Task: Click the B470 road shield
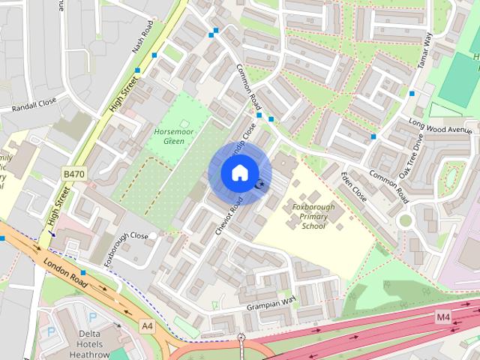(x=73, y=174)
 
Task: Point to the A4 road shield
(x=147, y=325)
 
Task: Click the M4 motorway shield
(x=443, y=317)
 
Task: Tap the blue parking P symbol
(x=52, y=331)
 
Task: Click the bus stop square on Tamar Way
(x=411, y=94)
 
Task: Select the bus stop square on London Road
(x=83, y=273)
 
